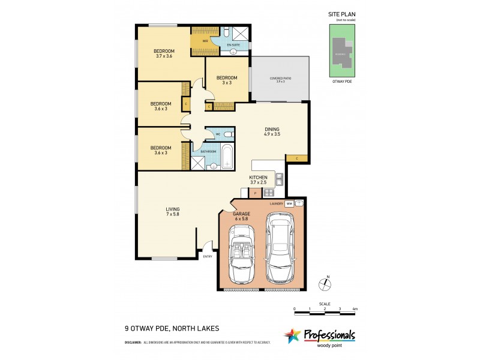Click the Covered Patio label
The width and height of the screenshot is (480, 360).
tap(280, 79)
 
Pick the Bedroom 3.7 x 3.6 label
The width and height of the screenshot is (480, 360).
tap(164, 53)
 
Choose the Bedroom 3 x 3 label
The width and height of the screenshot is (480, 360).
tap(227, 80)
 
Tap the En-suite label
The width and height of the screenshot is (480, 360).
tap(233, 45)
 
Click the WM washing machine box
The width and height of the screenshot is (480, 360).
tap(289, 204)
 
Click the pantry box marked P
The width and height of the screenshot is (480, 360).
tap(255, 193)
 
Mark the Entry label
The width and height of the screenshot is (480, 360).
tap(208, 256)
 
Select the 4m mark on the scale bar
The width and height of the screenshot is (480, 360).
tap(355, 308)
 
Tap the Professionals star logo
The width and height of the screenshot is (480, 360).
tap(292, 336)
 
